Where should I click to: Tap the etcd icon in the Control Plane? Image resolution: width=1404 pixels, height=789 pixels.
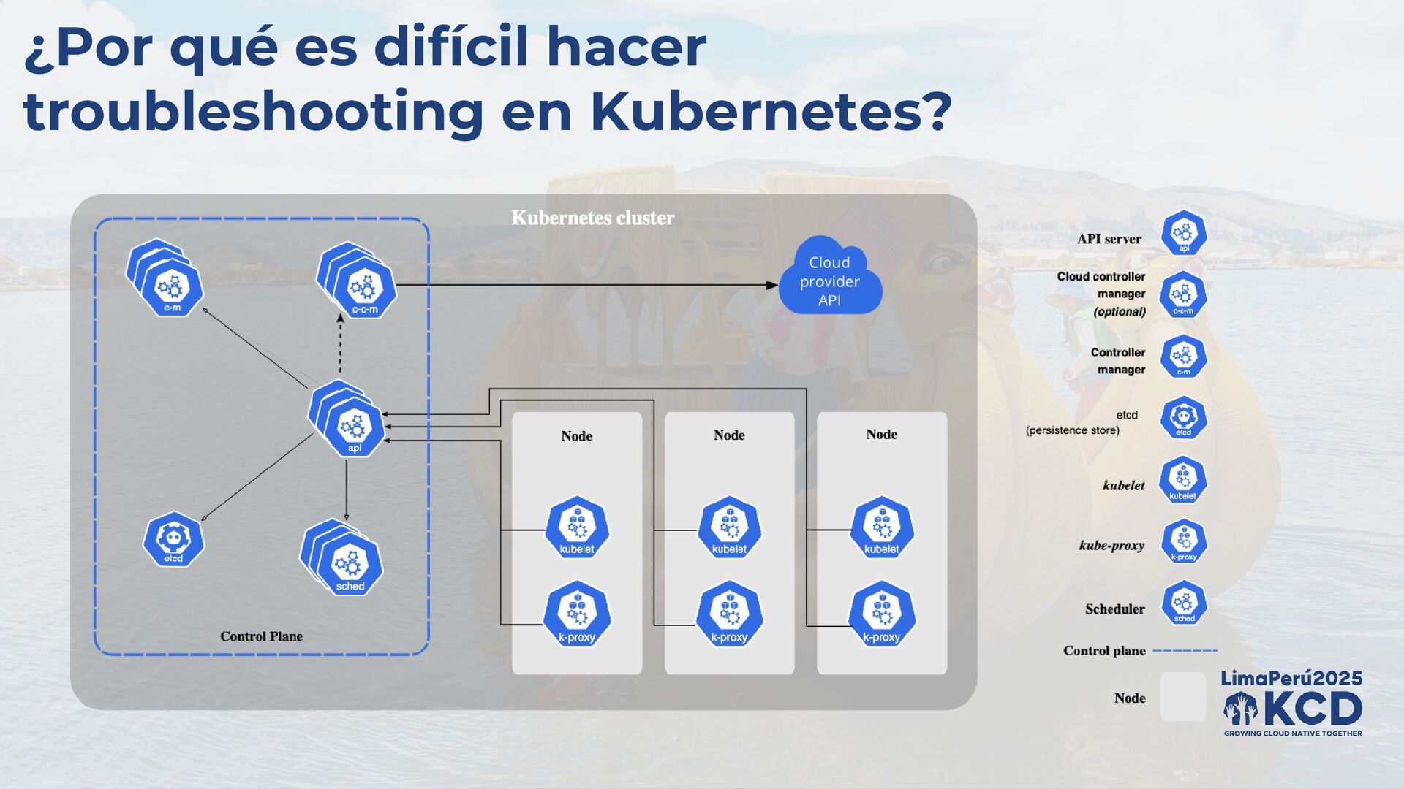pyautogui.click(x=173, y=540)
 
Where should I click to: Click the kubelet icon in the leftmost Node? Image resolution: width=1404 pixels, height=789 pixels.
pyautogui.click(x=577, y=528)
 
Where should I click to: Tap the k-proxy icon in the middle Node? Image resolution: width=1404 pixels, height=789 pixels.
pyautogui.click(x=729, y=614)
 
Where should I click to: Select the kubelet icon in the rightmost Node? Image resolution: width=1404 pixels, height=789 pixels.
pyautogui.click(x=882, y=528)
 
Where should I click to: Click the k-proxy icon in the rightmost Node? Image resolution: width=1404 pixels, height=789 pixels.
pyautogui.click(x=882, y=614)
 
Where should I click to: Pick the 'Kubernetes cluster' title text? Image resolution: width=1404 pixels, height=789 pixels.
pyautogui.click(x=592, y=218)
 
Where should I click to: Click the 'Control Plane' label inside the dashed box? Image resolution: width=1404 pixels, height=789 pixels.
pyautogui.click(x=261, y=636)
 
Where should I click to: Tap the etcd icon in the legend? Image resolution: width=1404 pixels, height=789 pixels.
pyautogui.click(x=1183, y=419)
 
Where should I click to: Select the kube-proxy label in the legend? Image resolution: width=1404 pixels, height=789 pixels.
pyautogui.click(x=1111, y=546)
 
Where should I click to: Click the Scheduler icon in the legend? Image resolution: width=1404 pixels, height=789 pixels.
pyautogui.click(x=1184, y=603)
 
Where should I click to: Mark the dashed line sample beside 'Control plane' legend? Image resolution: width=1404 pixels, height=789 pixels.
pyautogui.click(x=1185, y=650)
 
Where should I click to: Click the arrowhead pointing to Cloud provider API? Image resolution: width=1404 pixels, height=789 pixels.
pyautogui.click(x=772, y=285)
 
